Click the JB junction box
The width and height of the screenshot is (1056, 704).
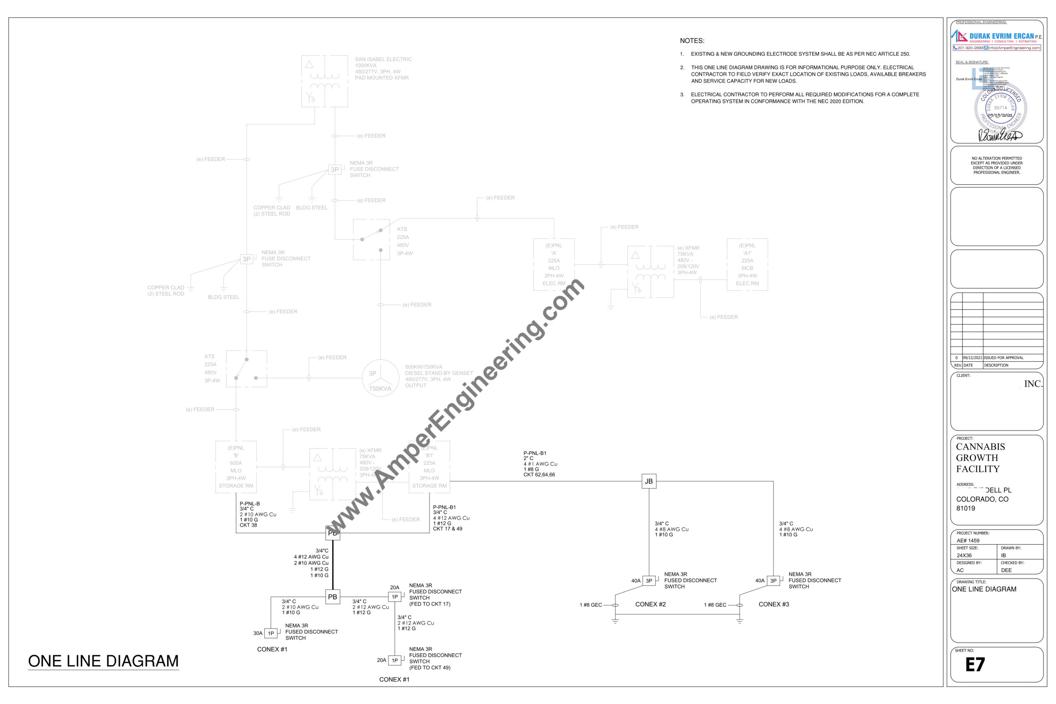tap(649, 481)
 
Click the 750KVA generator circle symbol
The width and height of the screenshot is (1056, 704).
tap(380, 378)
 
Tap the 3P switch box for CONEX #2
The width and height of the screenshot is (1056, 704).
tap(649, 581)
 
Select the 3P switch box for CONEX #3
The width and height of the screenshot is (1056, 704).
tap(773, 581)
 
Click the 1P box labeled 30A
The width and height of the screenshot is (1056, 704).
tap(271, 633)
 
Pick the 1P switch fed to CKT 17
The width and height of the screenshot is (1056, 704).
tap(395, 597)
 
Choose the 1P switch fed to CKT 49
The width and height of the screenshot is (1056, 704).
tap(395, 660)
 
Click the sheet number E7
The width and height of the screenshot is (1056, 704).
tap(975, 664)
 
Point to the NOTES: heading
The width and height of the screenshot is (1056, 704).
tap(692, 41)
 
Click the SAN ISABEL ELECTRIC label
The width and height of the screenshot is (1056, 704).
tap(383, 59)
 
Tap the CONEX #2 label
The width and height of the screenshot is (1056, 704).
tap(650, 604)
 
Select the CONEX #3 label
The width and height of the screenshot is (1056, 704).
tap(773, 604)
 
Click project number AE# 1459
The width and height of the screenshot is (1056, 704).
tap(968, 541)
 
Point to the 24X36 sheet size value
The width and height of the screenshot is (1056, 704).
tap(964, 556)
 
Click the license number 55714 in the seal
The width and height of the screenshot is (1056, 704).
tap(1000, 108)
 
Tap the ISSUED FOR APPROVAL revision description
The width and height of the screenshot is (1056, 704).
tap(1004, 358)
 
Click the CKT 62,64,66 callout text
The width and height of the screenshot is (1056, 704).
tap(539, 475)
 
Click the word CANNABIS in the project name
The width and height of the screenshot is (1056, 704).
tap(980, 447)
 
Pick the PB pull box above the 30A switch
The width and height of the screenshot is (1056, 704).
tap(332, 597)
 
